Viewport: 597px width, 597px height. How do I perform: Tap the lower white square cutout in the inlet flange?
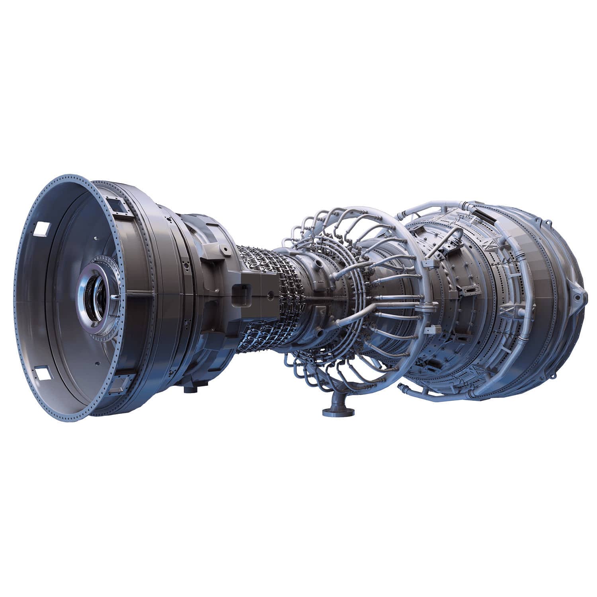[41, 373]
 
